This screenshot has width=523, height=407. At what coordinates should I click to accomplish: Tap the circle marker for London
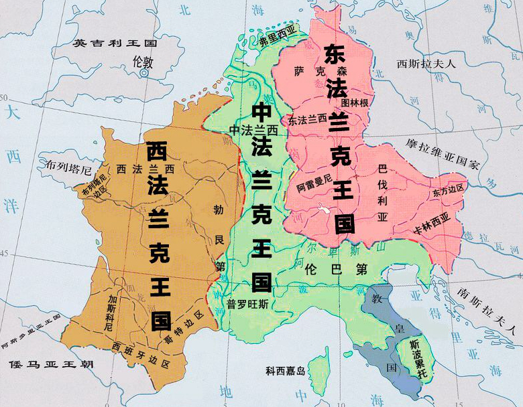pos(144,74)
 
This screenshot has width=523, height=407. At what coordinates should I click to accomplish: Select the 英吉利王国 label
pos(115,44)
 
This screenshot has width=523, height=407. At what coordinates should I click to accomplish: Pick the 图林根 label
pos(355,102)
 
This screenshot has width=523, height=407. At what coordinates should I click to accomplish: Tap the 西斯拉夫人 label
pos(426,64)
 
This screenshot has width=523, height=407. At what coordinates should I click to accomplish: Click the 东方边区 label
pos(449,191)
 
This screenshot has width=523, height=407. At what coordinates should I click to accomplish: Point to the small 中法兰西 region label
pos(253,129)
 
